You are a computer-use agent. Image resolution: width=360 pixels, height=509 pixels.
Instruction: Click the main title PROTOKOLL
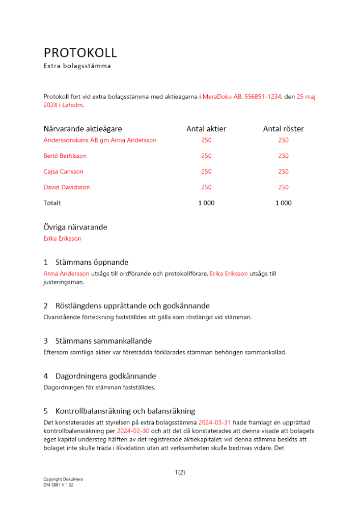(x=80, y=52)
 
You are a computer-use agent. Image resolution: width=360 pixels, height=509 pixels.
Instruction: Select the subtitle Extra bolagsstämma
(x=77, y=66)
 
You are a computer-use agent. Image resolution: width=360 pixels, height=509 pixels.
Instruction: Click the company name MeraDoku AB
(x=223, y=96)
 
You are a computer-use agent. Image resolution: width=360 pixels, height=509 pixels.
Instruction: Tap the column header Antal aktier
(x=206, y=129)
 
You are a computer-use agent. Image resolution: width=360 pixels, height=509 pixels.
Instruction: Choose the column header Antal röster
(x=283, y=129)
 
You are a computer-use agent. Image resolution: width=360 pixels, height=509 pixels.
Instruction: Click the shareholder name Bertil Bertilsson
(x=65, y=156)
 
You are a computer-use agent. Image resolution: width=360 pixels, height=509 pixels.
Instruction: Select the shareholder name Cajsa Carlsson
(x=64, y=172)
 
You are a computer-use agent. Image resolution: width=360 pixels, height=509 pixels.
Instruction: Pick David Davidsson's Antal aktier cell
(x=206, y=187)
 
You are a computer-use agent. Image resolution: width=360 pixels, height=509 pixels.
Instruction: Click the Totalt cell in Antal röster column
(x=283, y=203)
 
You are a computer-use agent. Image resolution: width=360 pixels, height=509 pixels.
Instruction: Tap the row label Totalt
(x=52, y=203)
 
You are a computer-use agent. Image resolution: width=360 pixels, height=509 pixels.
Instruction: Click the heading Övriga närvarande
(x=75, y=227)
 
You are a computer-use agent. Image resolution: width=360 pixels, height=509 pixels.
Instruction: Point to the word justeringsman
(x=64, y=281)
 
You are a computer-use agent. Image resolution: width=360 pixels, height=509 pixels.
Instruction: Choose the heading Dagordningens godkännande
(x=105, y=376)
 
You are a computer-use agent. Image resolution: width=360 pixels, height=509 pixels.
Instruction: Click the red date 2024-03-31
(x=215, y=422)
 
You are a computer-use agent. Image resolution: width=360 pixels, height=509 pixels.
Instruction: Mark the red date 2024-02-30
(x=133, y=431)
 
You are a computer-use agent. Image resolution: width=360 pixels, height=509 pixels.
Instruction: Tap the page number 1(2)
(x=180, y=472)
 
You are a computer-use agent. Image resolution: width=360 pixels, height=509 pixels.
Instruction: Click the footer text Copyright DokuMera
(x=63, y=479)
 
